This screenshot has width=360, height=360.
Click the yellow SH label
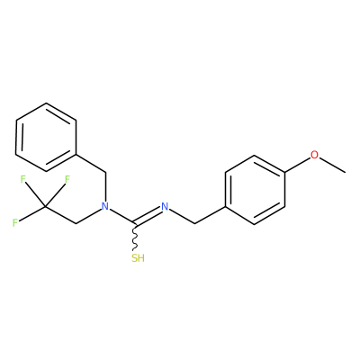138,257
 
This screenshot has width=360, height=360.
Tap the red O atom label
314,155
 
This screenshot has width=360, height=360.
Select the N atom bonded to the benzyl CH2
104,206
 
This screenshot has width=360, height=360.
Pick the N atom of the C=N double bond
165,206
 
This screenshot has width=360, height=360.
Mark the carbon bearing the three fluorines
45,207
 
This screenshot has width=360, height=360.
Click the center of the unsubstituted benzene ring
46,138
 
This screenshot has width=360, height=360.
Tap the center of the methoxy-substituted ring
255,190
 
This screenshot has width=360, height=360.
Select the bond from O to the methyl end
332,165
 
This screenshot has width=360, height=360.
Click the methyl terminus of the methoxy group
345,172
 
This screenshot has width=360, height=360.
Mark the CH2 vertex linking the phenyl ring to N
105,172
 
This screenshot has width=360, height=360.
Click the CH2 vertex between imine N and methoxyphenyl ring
195,223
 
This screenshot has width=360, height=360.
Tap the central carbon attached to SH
135,223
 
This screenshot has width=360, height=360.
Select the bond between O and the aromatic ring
298,165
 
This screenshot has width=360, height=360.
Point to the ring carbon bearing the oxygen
284,172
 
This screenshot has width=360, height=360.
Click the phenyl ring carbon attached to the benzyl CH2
76,155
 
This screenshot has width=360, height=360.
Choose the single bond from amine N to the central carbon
121,216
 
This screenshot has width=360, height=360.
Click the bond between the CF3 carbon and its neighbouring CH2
60,215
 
